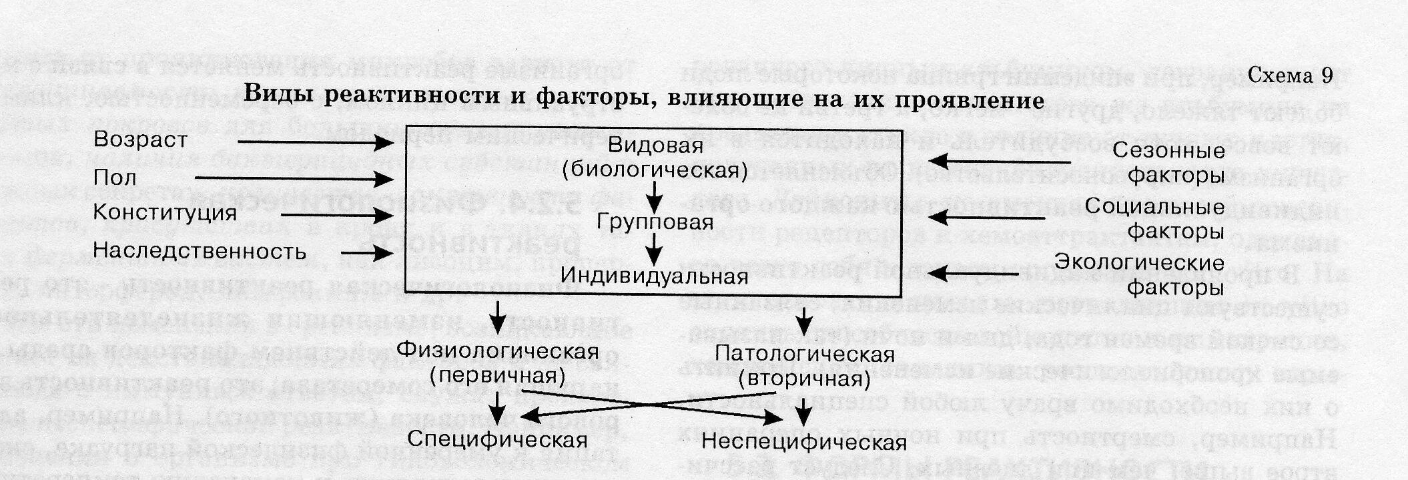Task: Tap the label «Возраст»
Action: (x=140, y=140)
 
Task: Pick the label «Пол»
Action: (x=115, y=178)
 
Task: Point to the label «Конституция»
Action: (x=165, y=214)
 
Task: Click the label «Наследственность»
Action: (x=200, y=252)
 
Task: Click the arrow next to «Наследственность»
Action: (x=366, y=253)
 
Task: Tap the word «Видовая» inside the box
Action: (x=655, y=145)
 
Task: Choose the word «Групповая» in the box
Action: (x=655, y=222)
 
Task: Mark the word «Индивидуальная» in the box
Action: (x=654, y=276)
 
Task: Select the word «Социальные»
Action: (x=1154, y=206)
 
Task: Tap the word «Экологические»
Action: (x=1139, y=262)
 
